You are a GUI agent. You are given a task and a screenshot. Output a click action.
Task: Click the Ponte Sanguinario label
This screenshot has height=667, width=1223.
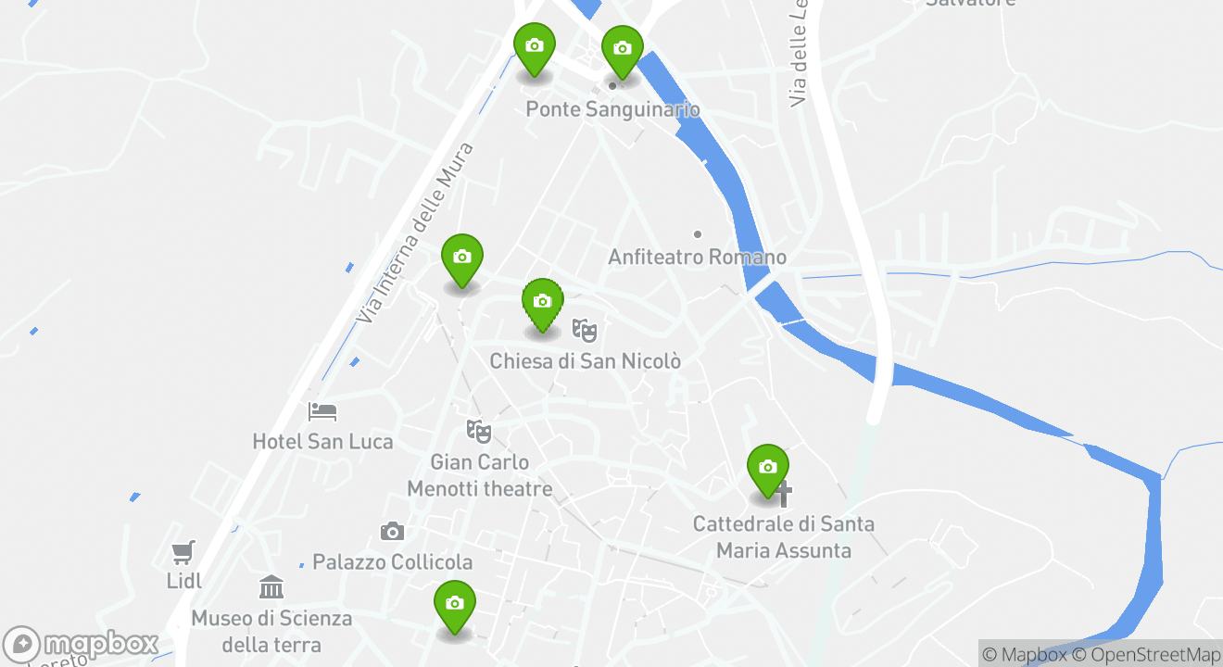(612, 109)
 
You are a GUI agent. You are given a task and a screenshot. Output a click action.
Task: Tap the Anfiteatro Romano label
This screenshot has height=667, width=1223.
(697, 257)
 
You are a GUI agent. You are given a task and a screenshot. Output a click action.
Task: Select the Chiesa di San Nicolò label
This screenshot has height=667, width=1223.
(585, 360)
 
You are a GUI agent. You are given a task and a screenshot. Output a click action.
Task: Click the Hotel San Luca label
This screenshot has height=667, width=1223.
(322, 442)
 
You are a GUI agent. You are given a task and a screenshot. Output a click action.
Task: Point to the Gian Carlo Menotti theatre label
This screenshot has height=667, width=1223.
(479, 475)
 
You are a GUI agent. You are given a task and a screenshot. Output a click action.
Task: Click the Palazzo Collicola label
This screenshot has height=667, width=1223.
(392, 562)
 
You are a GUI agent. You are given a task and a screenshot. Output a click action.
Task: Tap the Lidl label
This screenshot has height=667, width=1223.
(184, 581)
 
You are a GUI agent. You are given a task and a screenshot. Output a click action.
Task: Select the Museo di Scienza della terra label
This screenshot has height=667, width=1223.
(271, 631)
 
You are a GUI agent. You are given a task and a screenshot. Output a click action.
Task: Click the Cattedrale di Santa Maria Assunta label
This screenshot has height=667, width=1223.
(784, 537)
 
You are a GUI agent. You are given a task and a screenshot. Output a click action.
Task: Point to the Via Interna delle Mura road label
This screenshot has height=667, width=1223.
(416, 233)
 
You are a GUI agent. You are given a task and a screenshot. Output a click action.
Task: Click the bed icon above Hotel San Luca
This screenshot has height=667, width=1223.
(322, 411)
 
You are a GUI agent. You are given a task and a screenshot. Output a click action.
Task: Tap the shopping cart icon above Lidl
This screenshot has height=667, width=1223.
(183, 552)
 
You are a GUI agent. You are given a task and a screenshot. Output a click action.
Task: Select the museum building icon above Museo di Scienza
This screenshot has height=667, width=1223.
(271, 586)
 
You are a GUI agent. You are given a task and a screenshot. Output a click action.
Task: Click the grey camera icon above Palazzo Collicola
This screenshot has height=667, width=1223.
(392, 532)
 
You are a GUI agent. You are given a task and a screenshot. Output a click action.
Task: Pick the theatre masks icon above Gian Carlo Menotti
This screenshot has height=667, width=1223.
(478, 431)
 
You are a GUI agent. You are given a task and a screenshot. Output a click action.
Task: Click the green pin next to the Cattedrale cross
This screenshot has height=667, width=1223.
(767, 468)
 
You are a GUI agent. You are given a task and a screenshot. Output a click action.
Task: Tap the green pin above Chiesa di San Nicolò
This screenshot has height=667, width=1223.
(543, 304)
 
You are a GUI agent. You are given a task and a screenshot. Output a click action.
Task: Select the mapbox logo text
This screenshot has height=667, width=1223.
(100, 643)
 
